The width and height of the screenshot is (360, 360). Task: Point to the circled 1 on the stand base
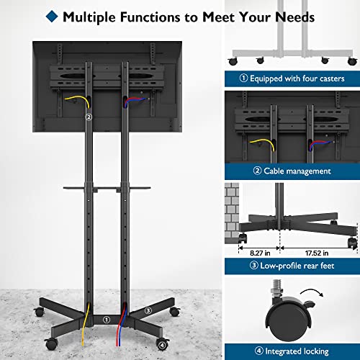click(106, 319)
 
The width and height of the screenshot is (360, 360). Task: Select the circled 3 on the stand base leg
click(148, 310)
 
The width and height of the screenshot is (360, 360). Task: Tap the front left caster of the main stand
click(49, 342)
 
